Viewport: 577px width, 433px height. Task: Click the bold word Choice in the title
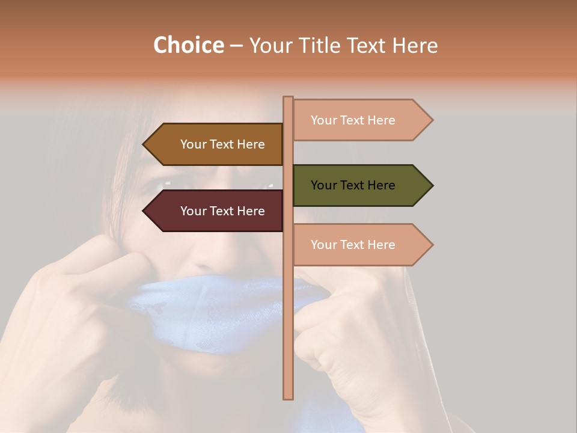click(188, 46)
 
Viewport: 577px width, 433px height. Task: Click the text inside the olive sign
click(353, 185)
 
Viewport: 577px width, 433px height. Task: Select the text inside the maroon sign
click(222, 211)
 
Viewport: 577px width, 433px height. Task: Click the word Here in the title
click(415, 46)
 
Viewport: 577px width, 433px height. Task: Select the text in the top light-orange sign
click(353, 120)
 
